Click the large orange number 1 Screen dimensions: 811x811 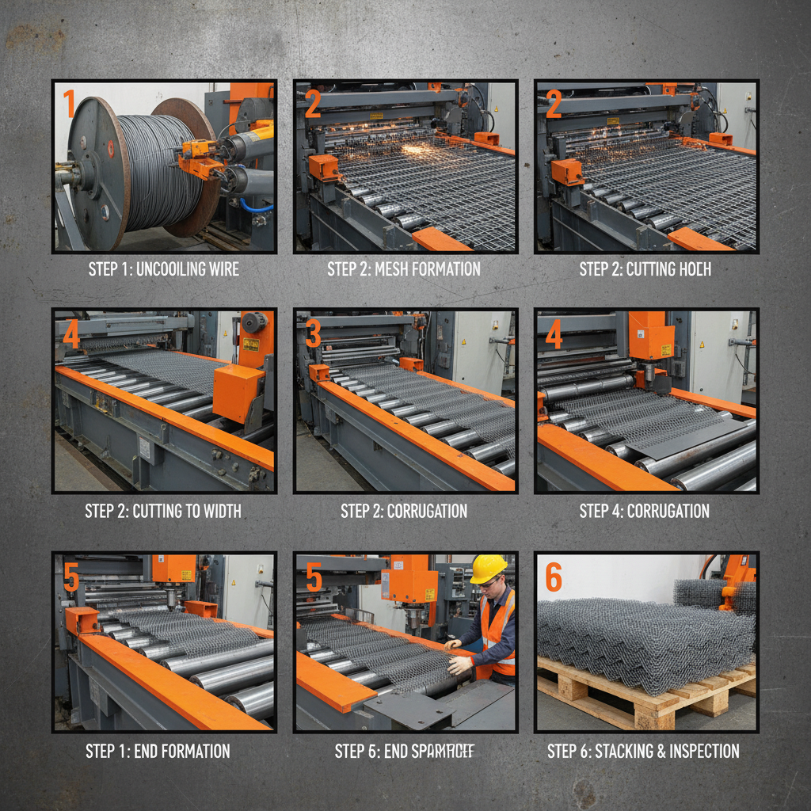(69, 104)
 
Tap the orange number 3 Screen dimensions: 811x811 (314, 334)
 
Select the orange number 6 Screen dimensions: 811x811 (554, 578)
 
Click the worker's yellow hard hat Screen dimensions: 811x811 (488, 568)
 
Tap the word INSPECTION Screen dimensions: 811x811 (699, 751)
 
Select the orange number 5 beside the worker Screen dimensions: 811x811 (314, 579)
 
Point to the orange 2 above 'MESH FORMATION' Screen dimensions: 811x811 (312, 104)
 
